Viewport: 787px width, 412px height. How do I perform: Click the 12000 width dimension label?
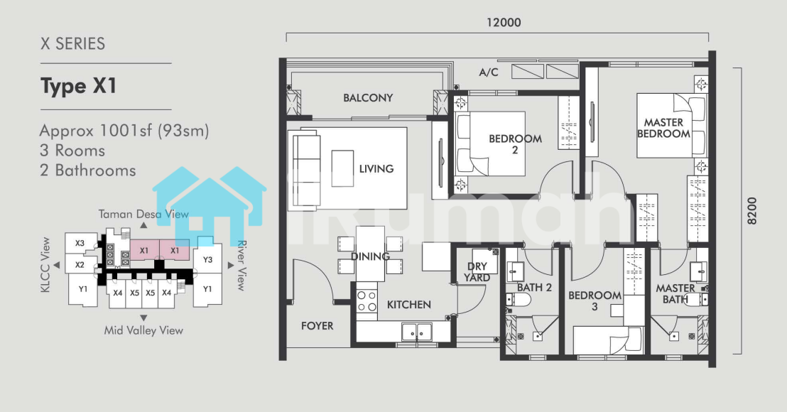504,23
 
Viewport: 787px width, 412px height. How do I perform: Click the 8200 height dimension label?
752,211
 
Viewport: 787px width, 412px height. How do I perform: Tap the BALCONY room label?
368,98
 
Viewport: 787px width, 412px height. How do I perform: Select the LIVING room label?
376,169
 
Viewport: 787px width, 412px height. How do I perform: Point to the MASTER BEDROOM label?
663,128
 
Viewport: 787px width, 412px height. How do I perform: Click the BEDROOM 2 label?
516,144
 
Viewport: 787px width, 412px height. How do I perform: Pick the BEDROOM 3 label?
595,300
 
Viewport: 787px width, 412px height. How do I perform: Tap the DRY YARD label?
477,272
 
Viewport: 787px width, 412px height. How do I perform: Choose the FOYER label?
317,326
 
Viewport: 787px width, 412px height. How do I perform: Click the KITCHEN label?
409,305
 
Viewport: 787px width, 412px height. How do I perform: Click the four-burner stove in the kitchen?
367,301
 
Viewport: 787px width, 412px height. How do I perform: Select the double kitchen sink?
417,331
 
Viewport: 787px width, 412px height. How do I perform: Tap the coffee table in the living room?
342,168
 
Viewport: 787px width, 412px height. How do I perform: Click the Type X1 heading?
79,87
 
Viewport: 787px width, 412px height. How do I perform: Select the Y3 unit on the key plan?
208,259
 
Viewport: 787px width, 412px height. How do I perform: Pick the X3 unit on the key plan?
80,244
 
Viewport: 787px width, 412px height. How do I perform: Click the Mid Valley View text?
143,330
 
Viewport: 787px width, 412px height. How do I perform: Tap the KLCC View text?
45,265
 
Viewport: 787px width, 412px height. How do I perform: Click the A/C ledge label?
489,72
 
